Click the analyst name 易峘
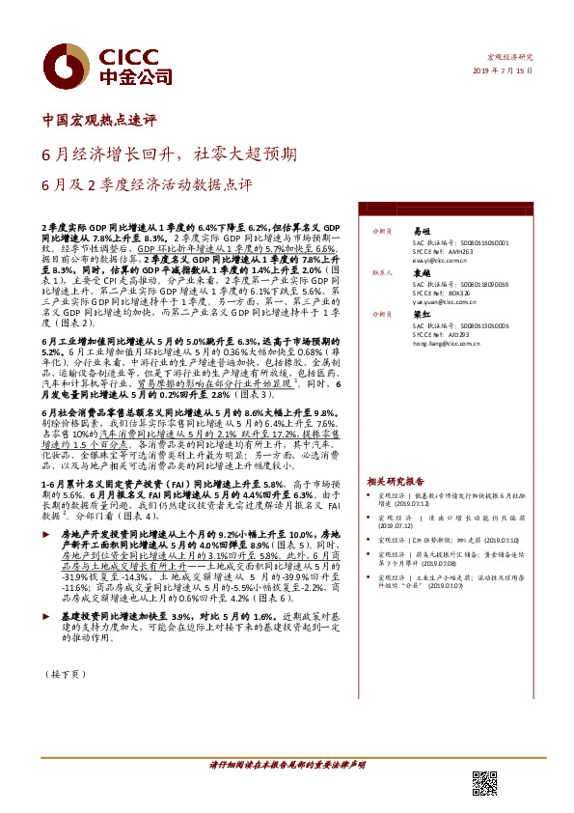[421, 233]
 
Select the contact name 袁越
[421, 274]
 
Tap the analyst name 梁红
[421, 314]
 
